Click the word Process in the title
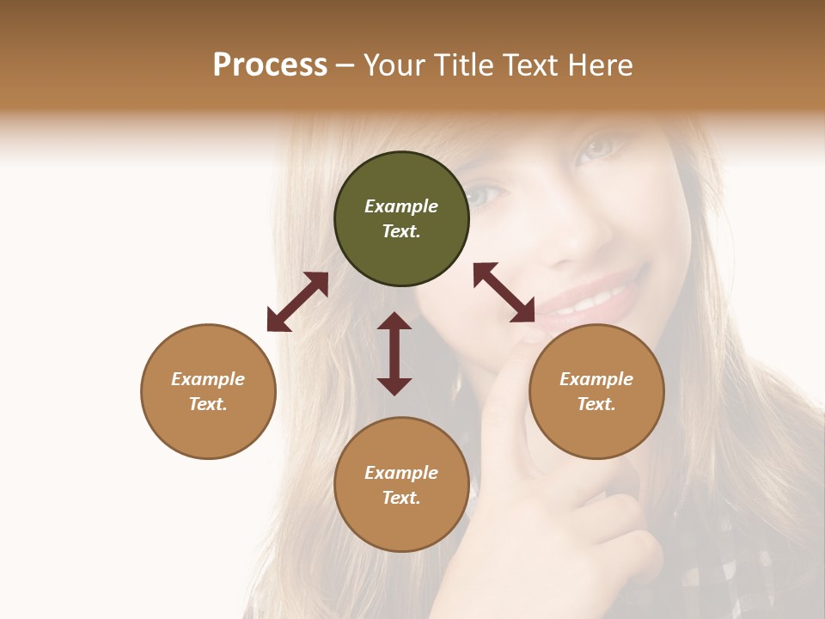[x=270, y=65]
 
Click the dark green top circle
[x=401, y=219]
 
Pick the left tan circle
[x=208, y=391]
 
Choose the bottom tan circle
[x=401, y=484]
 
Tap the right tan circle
[x=596, y=391]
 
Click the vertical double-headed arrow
[x=394, y=353]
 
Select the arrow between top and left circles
[x=297, y=302]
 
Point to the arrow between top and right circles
[x=504, y=292]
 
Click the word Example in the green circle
[x=401, y=206]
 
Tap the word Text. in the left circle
[x=208, y=404]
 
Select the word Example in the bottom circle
[x=401, y=472]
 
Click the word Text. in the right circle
[x=596, y=404]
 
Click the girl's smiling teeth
[x=593, y=302]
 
